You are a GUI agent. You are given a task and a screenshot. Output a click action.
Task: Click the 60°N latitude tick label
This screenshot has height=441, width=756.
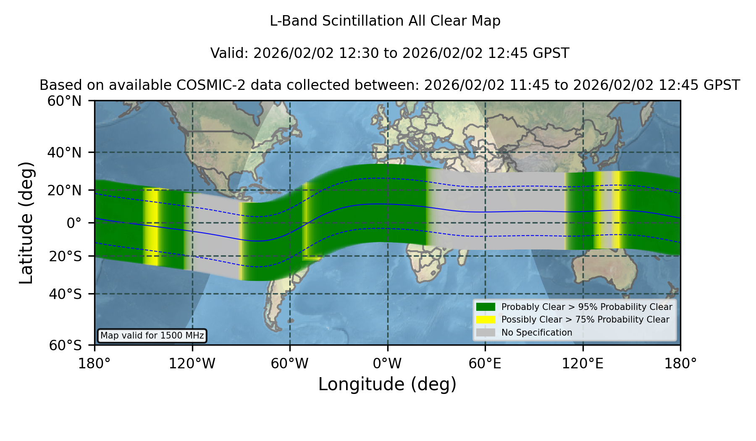point(64,101)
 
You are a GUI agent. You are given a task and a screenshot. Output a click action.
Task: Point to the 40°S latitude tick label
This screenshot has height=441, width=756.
point(65,294)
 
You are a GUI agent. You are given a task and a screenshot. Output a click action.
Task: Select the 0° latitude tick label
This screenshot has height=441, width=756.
point(74,223)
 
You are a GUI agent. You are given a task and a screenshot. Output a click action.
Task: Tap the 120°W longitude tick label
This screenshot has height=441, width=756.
point(192,363)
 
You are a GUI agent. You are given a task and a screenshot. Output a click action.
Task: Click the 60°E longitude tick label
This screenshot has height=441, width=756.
point(485,363)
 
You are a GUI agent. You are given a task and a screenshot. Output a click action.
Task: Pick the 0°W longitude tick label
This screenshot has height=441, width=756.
point(387,363)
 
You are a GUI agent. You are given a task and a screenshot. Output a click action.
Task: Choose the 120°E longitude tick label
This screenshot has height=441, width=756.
point(583,363)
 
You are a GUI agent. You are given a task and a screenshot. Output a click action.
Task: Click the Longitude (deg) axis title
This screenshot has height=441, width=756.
point(387,384)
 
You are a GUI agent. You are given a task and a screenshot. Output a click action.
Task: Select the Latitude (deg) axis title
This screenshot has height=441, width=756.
point(26,223)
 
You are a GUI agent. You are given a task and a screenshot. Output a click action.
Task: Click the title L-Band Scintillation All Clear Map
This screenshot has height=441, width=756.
point(385,21)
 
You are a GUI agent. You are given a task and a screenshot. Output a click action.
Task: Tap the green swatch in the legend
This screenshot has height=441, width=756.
point(486,307)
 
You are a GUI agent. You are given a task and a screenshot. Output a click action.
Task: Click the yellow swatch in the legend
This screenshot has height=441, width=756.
point(486,320)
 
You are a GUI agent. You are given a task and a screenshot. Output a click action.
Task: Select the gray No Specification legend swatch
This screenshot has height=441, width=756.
point(486,333)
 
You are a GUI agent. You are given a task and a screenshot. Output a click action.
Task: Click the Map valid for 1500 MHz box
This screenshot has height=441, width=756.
point(152,336)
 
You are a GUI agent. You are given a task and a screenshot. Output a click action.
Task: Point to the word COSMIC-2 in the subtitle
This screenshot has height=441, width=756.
point(205,85)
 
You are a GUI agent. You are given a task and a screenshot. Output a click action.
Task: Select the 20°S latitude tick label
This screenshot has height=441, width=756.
point(65,256)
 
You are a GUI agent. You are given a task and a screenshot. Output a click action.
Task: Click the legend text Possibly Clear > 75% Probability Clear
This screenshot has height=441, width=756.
point(585,320)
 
